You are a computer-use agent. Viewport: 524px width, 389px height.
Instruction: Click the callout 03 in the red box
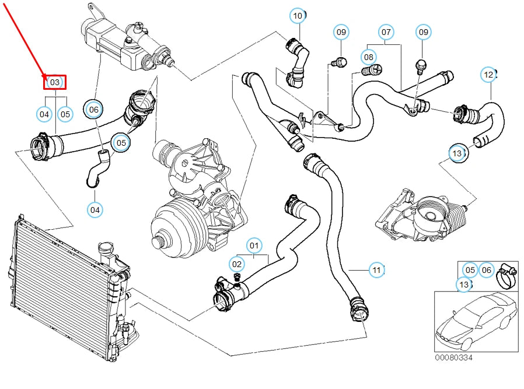click(x=55, y=83)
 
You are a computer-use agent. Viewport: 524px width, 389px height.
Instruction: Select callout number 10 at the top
click(x=298, y=15)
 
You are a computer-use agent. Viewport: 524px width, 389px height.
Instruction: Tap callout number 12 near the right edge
click(x=488, y=75)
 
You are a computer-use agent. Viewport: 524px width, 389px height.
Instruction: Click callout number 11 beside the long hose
click(x=377, y=269)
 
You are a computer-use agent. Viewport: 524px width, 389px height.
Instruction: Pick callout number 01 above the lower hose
click(x=254, y=246)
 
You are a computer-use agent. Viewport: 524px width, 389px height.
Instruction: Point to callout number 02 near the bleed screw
click(x=236, y=264)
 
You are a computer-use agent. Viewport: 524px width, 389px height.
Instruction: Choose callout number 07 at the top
click(x=386, y=31)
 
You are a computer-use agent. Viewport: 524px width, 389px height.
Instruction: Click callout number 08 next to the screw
click(x=368, y=57)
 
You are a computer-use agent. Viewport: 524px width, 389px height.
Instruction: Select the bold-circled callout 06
click(x=93, y=109)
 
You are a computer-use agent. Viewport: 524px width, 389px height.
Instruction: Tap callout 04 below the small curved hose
click(x=95, y=208)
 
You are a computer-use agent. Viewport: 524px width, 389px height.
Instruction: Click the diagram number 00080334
click(x=453, y=357)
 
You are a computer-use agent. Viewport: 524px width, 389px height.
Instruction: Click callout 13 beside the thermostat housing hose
click(x=457, y=153)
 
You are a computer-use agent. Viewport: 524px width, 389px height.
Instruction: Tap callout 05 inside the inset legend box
click(x=470, y=269)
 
